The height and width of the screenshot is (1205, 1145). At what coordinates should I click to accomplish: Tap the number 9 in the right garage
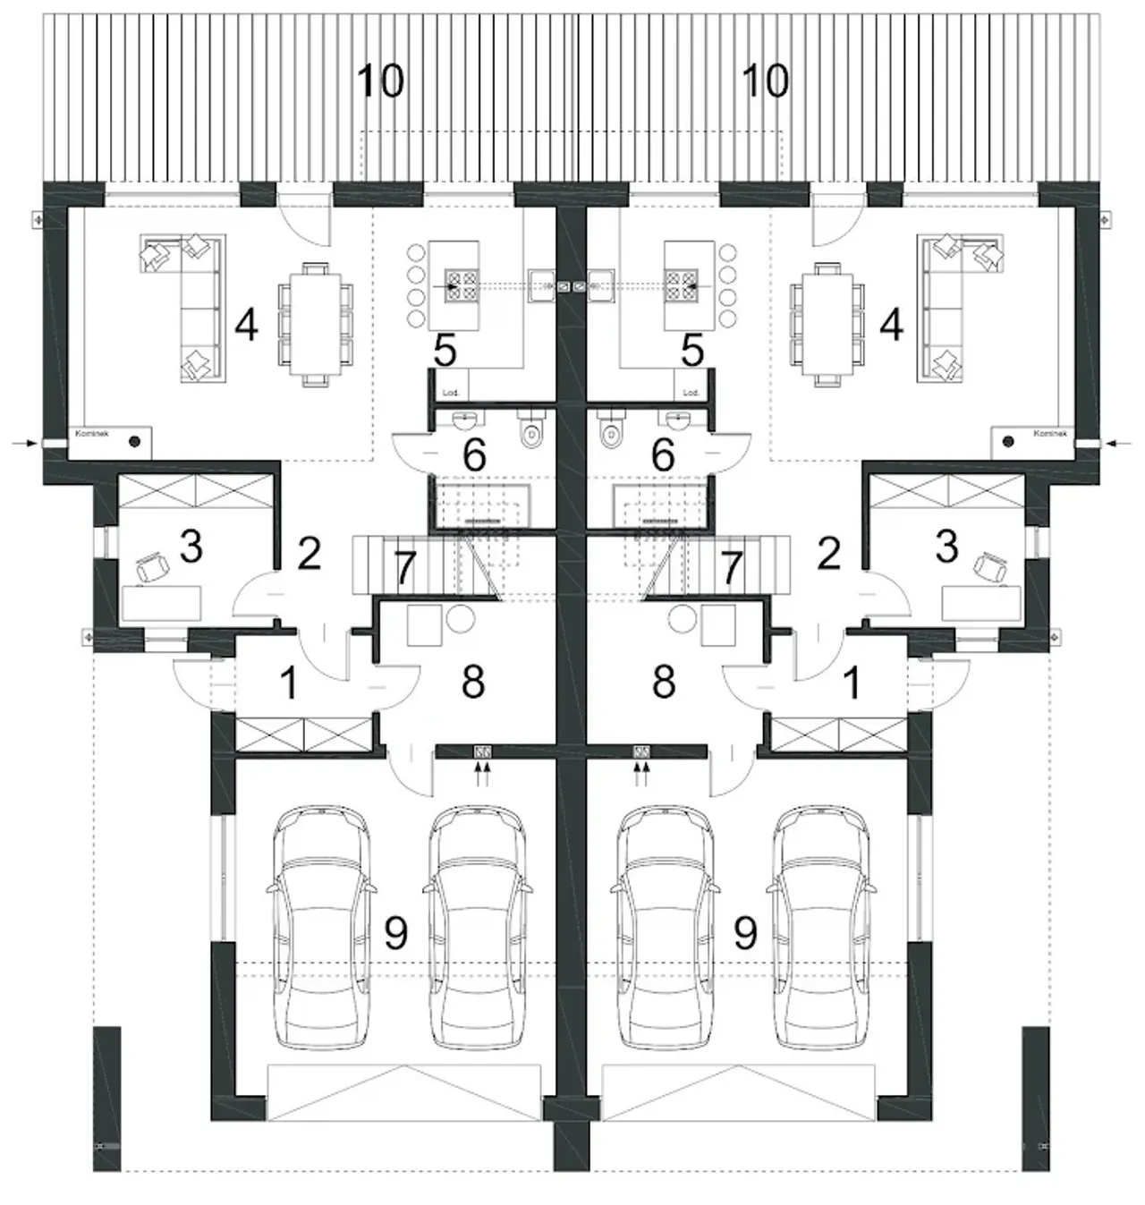click(x=744, y=933)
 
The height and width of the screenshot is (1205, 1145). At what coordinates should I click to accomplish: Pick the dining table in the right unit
click(x=827, y=323)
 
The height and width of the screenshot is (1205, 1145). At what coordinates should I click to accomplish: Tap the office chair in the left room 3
click(x=154, y=565)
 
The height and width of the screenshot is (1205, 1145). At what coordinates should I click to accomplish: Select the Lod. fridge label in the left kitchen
click(x=449, y=392)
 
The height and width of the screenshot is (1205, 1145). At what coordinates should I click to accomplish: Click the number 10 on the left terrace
click(x=380, y=81)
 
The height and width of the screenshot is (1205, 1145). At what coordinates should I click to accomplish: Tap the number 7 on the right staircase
click(x=733, y=568)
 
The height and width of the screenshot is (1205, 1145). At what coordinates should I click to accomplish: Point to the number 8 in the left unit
click(x=472, y=682)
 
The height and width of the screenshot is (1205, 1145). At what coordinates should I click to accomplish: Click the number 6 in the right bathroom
click(x=662, y=455)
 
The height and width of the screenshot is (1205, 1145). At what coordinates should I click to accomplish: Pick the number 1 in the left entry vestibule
click(x=287, y=683)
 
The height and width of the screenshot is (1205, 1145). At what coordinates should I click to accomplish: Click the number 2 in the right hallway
click(x=828, y=554)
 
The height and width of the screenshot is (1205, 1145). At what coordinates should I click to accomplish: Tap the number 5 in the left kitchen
click(x=445, y=352)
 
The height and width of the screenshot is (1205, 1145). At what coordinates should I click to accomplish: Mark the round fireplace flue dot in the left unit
click(x=134, y=440)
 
